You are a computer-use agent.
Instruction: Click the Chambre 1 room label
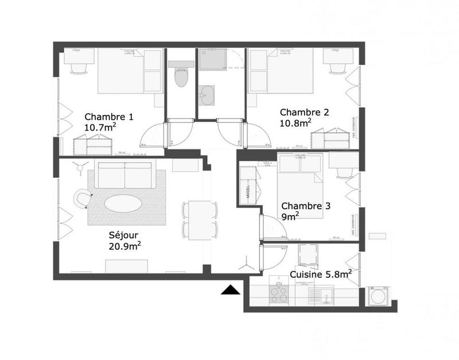tap(109, 116)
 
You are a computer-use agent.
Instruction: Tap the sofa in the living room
tap(125, 175)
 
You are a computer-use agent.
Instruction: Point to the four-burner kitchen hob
tap(279, 294)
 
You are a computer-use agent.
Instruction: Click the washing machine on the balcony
tap(378, 296)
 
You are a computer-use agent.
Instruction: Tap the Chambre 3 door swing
tap(273, 226)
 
